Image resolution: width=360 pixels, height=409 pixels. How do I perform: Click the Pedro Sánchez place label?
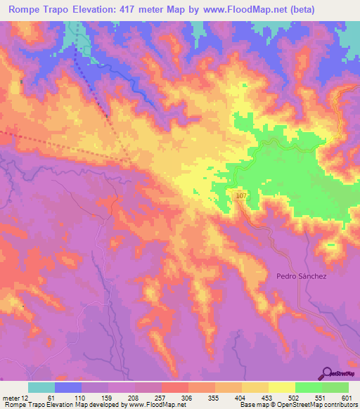302,276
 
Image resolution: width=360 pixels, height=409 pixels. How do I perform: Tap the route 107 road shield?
242,195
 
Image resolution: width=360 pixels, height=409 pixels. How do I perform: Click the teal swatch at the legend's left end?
41,387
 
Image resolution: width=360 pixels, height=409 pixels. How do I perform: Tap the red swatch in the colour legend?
174,387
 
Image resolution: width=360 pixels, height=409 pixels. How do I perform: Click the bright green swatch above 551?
309,387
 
